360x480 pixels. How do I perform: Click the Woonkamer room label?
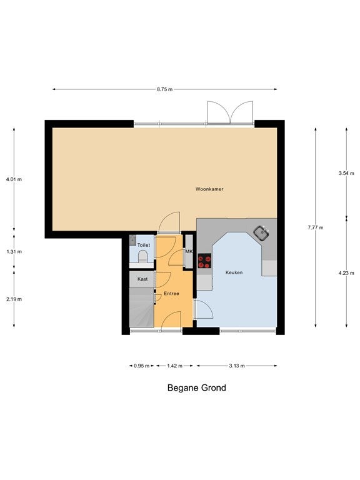click(x=209, y=189)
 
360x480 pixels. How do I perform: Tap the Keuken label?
click(x=234, y=272)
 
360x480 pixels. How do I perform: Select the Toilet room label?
click(x=144, y=245)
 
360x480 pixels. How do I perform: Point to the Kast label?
click(x=142, y=279)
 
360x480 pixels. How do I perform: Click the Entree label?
click(x=171, y=294)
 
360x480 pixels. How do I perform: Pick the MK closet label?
click(x=189, y=252)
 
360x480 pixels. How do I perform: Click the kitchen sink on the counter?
click(x=261, y=233)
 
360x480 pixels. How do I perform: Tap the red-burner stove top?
click(x=204, y=261)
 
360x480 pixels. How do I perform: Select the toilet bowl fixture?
click(x=142, y=256)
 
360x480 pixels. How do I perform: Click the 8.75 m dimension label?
click(x=165, y=89)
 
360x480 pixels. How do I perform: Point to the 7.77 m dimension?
click(x=316, y=227)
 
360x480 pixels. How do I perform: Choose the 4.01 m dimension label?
click(x=14, y=179)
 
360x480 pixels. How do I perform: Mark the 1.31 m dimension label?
click(x=14, y=252)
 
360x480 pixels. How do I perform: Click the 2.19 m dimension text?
click(x=14, y=299)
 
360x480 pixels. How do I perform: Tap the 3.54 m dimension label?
click(x=346, y=173)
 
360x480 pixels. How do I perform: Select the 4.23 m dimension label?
click(x=346, y=273)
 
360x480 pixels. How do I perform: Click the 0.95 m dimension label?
click(x=142, y=366)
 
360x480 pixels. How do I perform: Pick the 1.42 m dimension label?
click(x=174, y=366)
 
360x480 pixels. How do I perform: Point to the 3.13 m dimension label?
click(x=237, y=366)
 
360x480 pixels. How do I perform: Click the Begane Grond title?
click(x=196, y=388)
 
